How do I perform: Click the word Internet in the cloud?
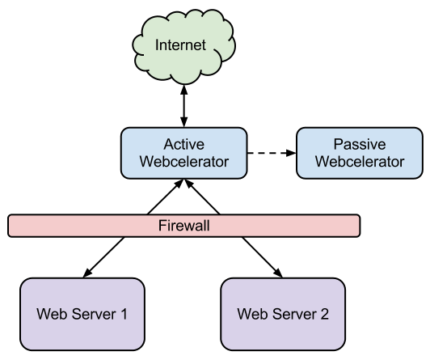point(180,44)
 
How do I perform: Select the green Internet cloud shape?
point(183,47)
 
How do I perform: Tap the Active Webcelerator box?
point(184,153)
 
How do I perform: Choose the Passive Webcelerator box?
point(360,153)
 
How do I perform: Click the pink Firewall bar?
point(183,226)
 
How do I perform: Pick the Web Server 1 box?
point(82,314)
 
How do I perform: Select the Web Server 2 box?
point(283,314)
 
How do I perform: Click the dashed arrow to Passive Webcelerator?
point(272,153)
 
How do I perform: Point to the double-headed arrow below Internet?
point(184,106)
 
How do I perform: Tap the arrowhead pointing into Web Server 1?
point(87,273)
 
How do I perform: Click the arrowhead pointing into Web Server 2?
point(278,273)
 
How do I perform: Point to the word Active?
point(184,144)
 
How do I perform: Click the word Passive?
point(360,144)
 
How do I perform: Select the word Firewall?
point(184,226)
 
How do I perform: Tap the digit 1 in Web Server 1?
point(124,314)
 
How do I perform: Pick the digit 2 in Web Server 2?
point(324,314)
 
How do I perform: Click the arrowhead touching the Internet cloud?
point(184,90)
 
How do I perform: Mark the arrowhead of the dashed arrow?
point(291,153)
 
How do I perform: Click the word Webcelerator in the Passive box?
point(360,161)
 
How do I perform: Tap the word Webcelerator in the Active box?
point(184,161)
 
